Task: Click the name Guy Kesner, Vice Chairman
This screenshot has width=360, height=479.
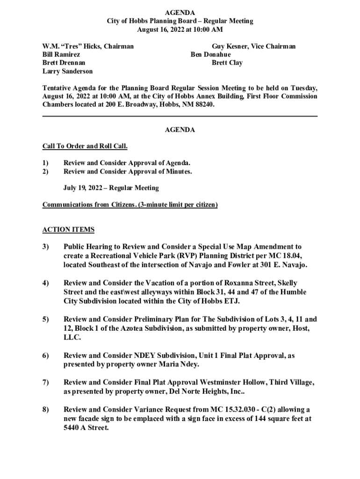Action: (253, 46)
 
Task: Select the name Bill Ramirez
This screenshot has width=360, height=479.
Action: (61, 55)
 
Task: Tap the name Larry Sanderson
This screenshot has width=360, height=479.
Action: (67, 72)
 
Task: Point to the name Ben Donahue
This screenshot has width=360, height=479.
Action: (210, 55)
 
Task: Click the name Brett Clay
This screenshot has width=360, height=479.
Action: (227, 63)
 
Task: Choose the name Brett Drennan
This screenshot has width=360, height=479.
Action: (64, 63)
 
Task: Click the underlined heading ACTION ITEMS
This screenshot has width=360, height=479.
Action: (68, 230)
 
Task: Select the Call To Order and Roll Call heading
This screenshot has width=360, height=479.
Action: (85, 146)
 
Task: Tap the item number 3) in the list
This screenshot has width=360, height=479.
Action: (46, 247)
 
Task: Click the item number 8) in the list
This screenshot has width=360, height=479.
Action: (46, 410)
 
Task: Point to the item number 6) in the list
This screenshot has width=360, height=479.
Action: (46, 356)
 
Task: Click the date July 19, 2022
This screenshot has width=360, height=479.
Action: (82, 188)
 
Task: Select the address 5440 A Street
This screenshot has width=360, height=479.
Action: (85, 428)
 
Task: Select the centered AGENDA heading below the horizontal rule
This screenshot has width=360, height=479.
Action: (180, 130)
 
